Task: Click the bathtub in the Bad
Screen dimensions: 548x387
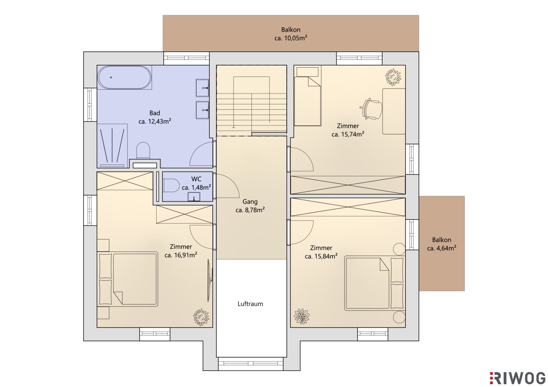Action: coord(125,77)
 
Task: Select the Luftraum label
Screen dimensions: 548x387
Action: coord(250,304)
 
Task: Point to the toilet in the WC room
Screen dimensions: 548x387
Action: coord(171,185)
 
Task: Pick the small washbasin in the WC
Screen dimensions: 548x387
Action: coord(194,197)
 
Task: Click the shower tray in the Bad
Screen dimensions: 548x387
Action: coord(112,145)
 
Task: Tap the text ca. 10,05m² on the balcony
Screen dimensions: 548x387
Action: coord(291,38)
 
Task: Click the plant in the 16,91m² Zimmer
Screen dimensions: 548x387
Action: coord(201,317)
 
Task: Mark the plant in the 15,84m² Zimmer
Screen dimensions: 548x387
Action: coord(302,316)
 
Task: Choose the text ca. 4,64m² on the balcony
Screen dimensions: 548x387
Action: coord(441,248)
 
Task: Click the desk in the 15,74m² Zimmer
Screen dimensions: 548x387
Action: coord(394,111)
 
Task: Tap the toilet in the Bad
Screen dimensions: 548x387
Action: coord(143,150)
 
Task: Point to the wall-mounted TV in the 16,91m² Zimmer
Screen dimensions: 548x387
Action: coord(210,281)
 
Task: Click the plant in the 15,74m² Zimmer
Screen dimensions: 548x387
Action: coord(393,77)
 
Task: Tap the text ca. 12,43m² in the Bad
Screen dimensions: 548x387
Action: coord(155,121)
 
